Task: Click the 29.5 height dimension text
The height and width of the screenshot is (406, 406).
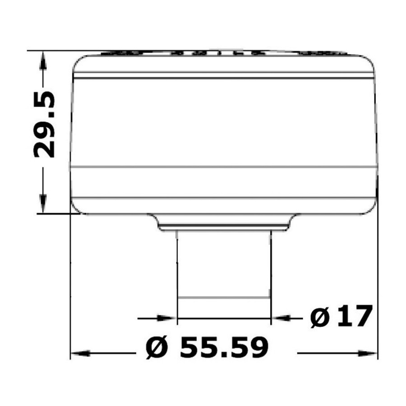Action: [44, 125]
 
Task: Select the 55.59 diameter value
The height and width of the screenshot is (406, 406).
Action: [224, 348]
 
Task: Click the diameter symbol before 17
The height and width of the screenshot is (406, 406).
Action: [319, 318]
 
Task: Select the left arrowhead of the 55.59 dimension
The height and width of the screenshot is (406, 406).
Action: [80, 353]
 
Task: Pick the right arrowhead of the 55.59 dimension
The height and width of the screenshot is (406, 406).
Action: [367, 353]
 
